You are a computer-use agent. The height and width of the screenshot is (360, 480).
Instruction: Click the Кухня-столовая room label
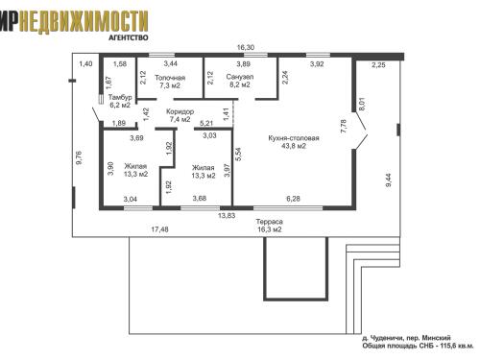click(294, 138)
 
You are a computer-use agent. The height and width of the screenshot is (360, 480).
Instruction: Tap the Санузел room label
click(240, 77)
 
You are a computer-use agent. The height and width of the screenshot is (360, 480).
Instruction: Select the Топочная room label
click(170, 78)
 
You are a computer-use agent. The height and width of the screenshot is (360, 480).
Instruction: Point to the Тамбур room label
click(120, 97)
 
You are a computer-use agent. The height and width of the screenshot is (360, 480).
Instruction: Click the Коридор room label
click(180, 111)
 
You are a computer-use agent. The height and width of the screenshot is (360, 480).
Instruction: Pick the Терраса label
click(269, 222)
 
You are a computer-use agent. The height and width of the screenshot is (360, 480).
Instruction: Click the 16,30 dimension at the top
click(246, 48)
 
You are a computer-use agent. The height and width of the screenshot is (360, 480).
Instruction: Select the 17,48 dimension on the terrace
click(159, 229)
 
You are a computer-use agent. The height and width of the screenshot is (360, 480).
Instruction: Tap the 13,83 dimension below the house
click(227, 216)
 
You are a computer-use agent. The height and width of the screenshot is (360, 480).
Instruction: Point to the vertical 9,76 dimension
click(79, 157)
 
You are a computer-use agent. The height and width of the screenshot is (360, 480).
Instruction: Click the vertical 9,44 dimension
click(389, 180)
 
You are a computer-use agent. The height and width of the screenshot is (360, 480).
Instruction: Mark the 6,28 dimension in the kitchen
click(293, 199)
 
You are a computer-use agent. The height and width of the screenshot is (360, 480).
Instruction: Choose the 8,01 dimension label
click(362, 104)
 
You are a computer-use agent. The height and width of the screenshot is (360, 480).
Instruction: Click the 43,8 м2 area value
click(294, 146)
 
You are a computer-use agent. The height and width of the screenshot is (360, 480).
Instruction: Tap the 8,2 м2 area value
click(240, 84)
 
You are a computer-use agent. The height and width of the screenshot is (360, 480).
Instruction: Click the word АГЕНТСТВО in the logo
click(129, 37)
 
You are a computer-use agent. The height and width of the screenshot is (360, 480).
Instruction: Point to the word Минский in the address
click(437, 338)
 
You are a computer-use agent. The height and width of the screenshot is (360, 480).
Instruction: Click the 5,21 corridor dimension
click(206, 123)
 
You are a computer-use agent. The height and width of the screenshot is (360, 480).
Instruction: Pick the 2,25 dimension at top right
click(378, 65)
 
